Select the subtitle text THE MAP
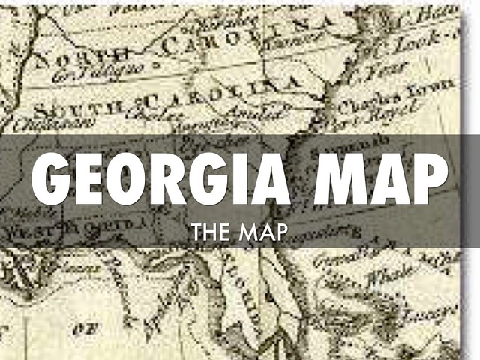click(x=239, y=233)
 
